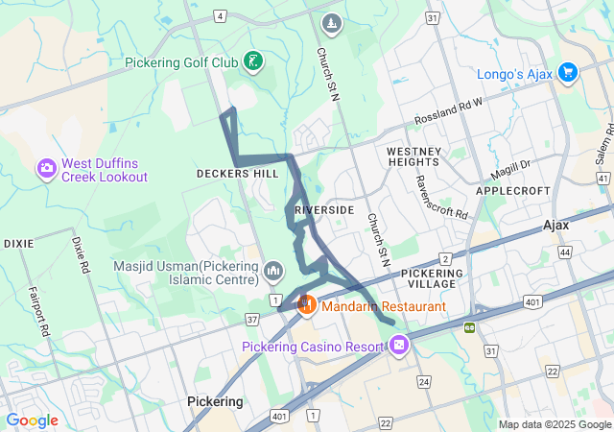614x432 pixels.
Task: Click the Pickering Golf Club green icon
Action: [x=253, y=62]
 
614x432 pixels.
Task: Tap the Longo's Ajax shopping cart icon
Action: [x=567, y=72]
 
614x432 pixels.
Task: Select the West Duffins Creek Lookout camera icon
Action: [x=46, y=169]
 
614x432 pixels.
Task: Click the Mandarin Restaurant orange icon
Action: [x=307, y=305]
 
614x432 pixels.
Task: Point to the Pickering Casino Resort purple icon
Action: [x=399, y=345]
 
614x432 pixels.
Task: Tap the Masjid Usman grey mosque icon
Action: [x=273, y=273]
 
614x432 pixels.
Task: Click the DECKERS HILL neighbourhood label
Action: [x=237, y=174]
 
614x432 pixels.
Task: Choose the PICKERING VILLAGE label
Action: [x=423, y=278]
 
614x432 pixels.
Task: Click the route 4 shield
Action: [x=221, y=15]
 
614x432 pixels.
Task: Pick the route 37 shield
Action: [x=252, y=318]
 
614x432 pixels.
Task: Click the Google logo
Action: [x=32, y=420]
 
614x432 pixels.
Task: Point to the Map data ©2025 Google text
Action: [x=554, y=424]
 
